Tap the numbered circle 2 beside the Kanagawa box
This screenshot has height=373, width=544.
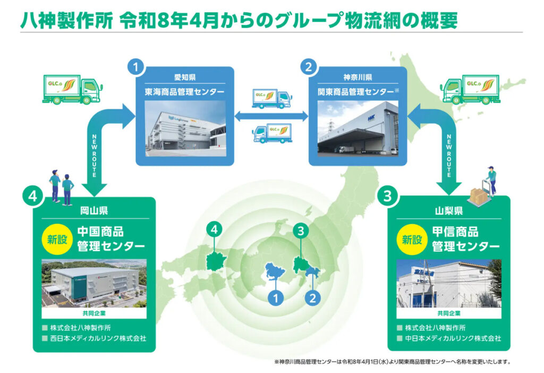click(309, 68)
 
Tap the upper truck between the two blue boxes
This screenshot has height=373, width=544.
click(271, 98)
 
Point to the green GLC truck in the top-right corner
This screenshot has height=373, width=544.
click(470, 89)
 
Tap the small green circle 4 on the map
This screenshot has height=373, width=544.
click(214, 230)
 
